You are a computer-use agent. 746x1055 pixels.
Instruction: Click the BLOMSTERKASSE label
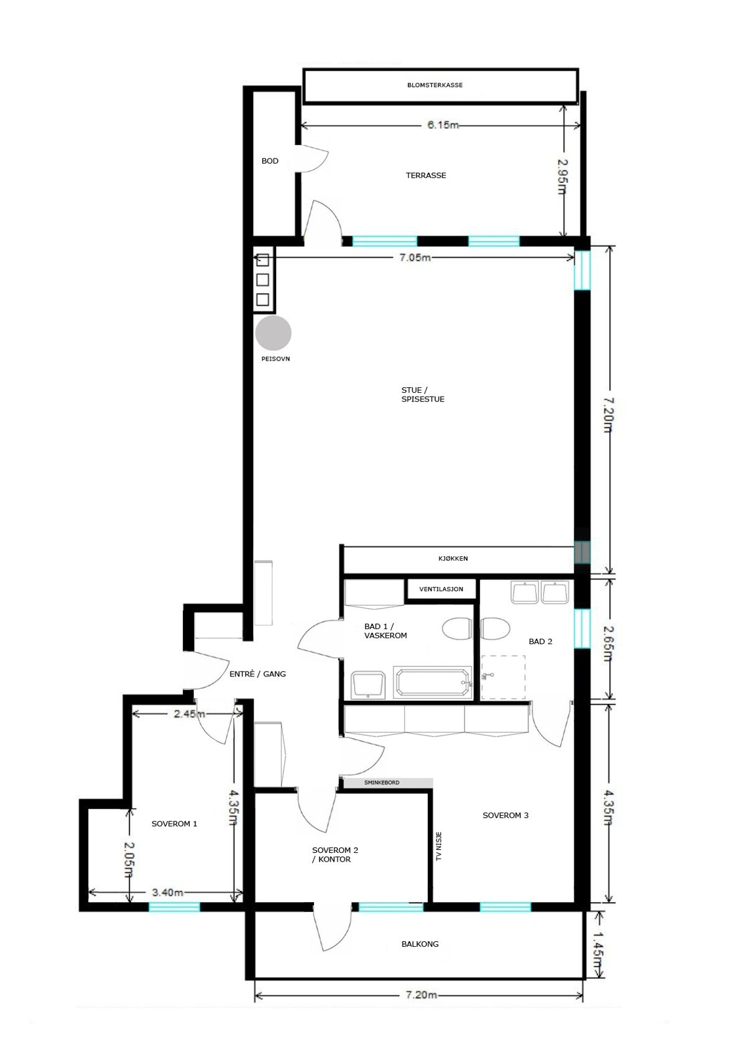[x=435, y=85]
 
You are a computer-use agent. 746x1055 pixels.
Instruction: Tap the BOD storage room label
[x=270, y=161]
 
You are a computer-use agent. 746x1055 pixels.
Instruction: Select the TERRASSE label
[x=426, y=175]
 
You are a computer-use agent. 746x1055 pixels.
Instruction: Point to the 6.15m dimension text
[x=443, y=125]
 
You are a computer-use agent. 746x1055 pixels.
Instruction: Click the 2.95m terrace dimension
[x=562, y=176]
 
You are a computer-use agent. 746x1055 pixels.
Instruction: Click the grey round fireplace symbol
[x=273, y=333]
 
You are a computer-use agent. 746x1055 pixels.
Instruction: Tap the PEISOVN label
[x=275, y=359]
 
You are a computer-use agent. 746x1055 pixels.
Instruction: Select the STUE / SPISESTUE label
[x=422, y=395]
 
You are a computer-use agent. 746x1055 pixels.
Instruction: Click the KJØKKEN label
[x=453, y=558]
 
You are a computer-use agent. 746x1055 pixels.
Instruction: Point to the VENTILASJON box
[x=441, y=589]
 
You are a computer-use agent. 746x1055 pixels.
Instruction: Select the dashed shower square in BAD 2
[x=503, y=677]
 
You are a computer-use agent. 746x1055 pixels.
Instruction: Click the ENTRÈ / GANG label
[x=257, y=674]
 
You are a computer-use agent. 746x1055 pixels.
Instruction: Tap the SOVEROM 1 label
[x=174, y=824]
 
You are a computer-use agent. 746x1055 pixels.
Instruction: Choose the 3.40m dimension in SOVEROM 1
[x=167, y=892]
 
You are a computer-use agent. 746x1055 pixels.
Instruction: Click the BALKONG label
[x=420, y=944]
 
